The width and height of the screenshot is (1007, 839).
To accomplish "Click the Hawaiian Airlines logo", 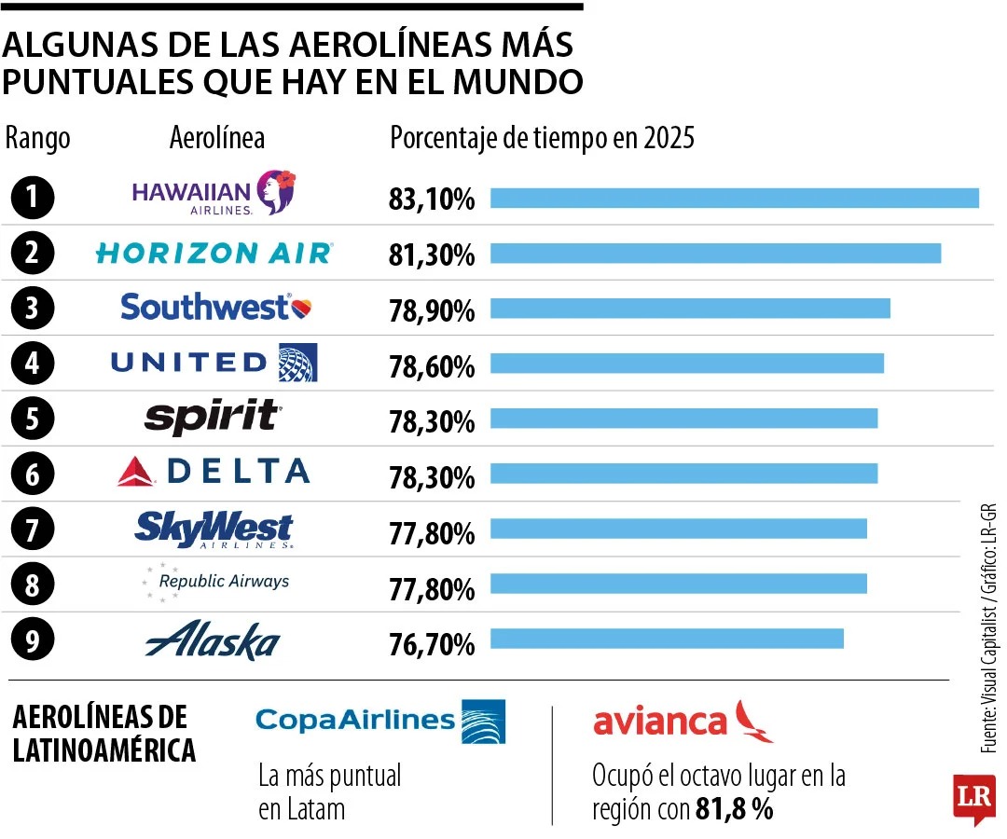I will click(x=214, y=193).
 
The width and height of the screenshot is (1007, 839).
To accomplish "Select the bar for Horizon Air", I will click(x=715, y=254).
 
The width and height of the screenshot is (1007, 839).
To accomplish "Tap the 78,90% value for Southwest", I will click(x=432, y=310).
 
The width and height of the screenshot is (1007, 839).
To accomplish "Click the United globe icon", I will click(x=298, y=362).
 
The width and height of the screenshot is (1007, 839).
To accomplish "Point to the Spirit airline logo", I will click(x=213, y=417).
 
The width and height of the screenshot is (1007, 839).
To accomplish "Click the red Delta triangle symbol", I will click(x=136, y=473).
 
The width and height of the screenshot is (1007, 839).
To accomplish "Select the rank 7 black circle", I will click(x=33, y=530).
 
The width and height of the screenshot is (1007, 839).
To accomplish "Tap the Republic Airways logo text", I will click(x=224, y=581).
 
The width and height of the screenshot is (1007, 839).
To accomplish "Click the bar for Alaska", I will click(x=667, y=639).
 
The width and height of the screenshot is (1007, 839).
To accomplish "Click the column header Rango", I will click(x=38, y=139).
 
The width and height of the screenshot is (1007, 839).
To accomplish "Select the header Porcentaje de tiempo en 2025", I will click(x=542, y=139).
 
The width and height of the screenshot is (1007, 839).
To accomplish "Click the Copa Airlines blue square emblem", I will click(x=483, y=721).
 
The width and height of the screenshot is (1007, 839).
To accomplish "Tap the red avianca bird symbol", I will click(x=754, y=721).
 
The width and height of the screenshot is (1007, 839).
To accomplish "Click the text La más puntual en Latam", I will click(x=329, y=791).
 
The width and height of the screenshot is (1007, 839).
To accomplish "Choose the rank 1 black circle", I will click(x=33, y=198).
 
